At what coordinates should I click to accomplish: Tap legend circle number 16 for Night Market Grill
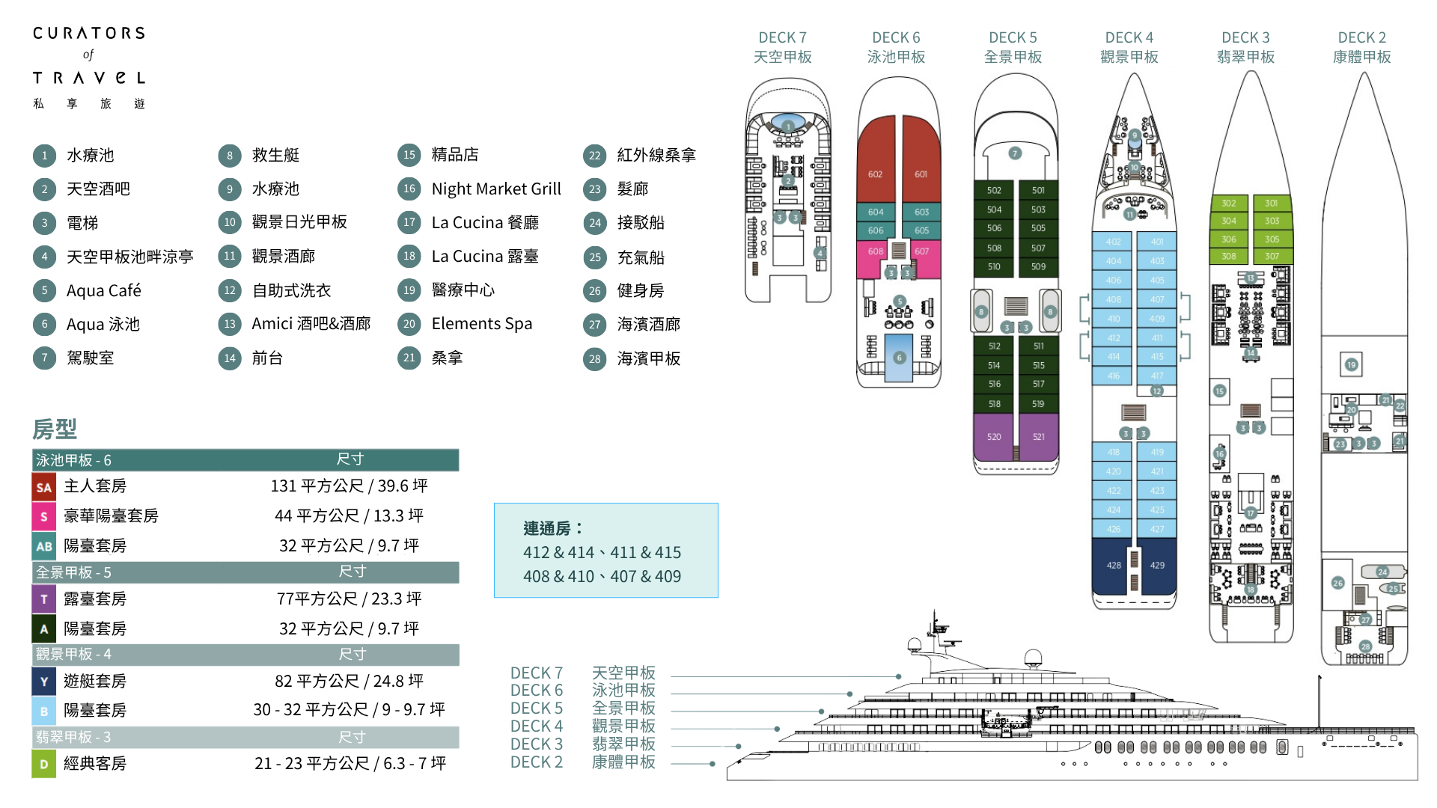pos(409,189)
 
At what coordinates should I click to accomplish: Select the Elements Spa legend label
pos(481,324)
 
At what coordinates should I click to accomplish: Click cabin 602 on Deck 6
pos(875,174)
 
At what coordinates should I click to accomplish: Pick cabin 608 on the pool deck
pos(875,251)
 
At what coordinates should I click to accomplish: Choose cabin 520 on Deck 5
pos(993,437)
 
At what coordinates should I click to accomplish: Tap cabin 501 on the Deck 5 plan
pos(1038,190)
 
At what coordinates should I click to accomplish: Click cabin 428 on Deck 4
pos(1113,566)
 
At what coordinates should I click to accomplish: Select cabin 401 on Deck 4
pos(1157,242)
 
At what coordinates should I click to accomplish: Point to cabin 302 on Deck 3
pos(1228,203)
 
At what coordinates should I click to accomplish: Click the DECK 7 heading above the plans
pos(782,37)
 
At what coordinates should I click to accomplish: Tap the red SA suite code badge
pos(43,488)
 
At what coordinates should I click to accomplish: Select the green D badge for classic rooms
pos(43,765)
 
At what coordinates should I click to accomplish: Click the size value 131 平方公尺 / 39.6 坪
pos(349,486)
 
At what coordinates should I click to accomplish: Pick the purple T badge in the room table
pos(43,599)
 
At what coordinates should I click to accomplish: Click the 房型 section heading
pos(55,429)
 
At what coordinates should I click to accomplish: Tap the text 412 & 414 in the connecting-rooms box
pos(558,553)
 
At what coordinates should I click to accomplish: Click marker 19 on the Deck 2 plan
pos(1351,365)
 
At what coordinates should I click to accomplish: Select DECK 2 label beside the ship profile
pos(536,762)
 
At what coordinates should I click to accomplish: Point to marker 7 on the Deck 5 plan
pos(1015,153)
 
